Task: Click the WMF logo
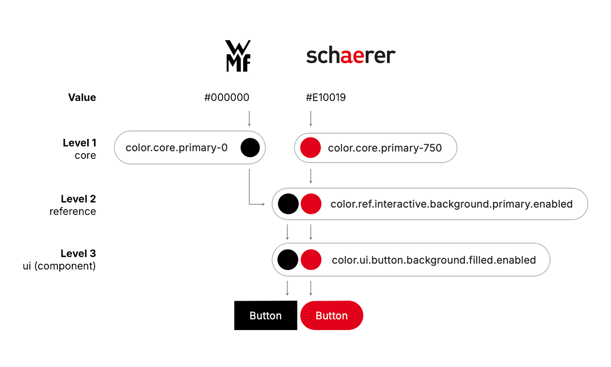coord(238,56)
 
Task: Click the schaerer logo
coord(351,55)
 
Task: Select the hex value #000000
coord(227,97)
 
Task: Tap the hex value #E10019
coord(326,97)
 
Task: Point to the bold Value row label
coord(82,97)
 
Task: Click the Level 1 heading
coord(79,143)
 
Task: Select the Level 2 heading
coord(78,199)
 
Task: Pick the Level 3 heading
coord(78,254)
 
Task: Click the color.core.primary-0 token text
coord(176,148)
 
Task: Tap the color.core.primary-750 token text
coord(385,148)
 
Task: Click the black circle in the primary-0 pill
coord(250,148)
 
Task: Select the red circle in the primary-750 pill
coord(310,148)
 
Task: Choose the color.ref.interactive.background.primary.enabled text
coord(451,204)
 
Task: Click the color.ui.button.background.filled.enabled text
coord(434,260)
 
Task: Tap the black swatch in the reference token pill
coord(288,204)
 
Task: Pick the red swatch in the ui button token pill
coord(311,260)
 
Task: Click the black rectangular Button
coord(266,316)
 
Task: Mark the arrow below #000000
coord(249,119)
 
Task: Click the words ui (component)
coord(59,266)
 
